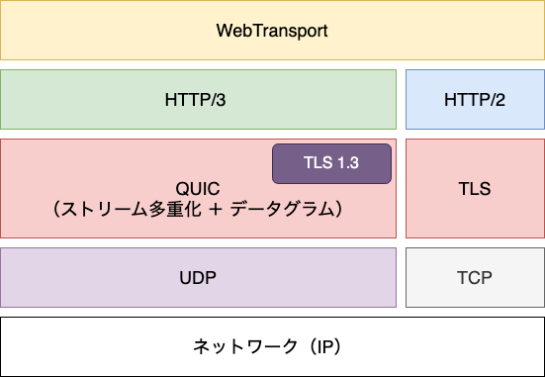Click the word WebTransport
coord(272,30)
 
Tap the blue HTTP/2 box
coord(475,99)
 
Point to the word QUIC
coord(197,188)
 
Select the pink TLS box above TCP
coord(475,188)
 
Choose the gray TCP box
coord(475,278)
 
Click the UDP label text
coord(198,278)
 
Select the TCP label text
coord(475,278)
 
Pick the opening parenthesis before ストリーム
coord(58,209)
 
